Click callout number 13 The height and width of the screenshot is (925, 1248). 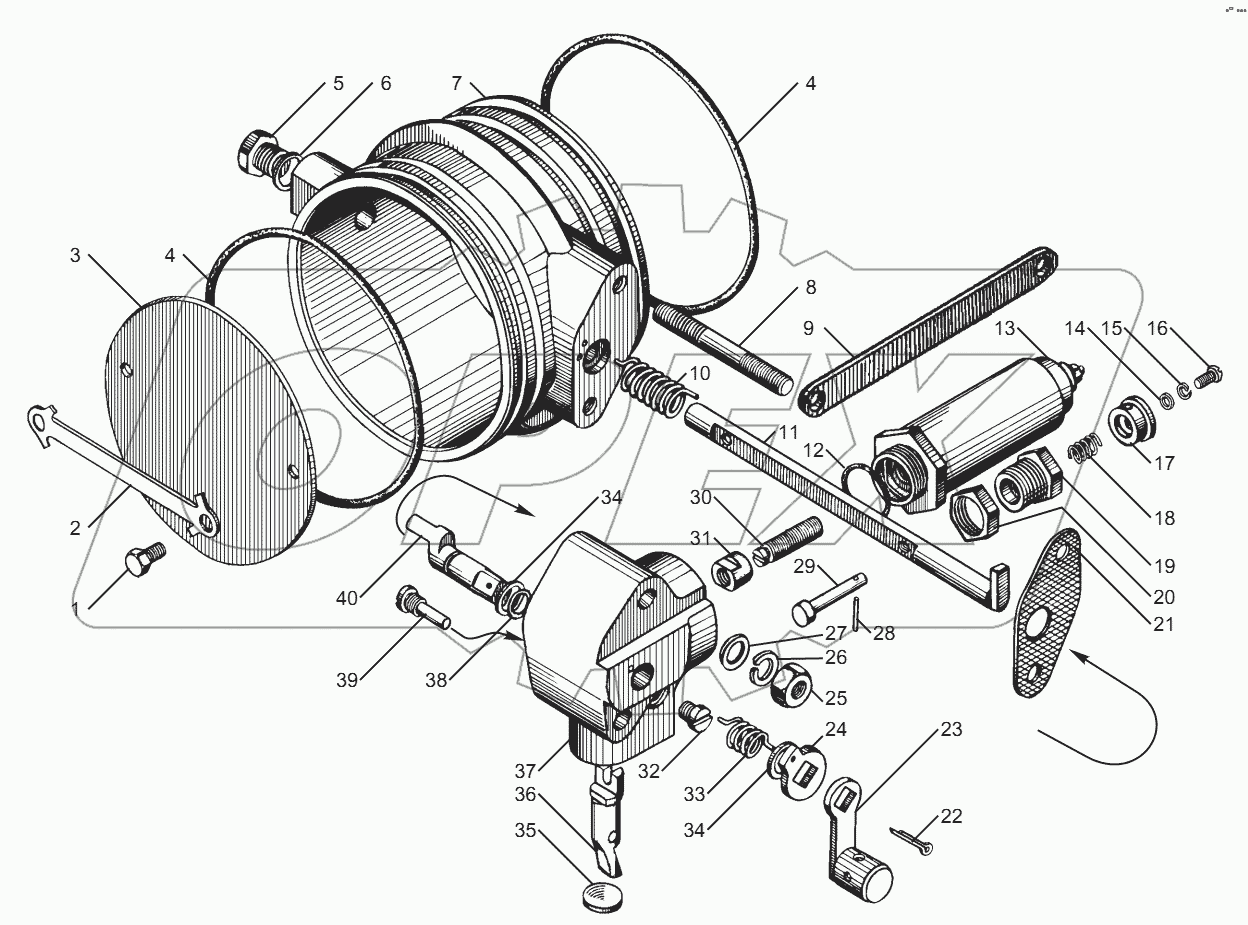(1004, 329)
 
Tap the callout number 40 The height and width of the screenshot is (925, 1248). (347, 599)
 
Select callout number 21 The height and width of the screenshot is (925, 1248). (1162, 625)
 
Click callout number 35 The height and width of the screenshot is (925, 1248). (524, 830)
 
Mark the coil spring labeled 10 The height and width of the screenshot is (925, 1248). (652, 384)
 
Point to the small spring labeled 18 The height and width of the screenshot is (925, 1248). (1082, 454)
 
